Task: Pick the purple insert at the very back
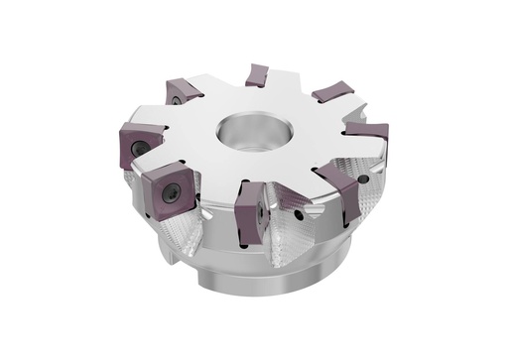(x=257, y=74)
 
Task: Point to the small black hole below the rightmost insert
(x=363, y=180)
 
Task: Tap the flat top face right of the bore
(x=308, y=139)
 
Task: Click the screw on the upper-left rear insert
(x=174, y=99)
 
